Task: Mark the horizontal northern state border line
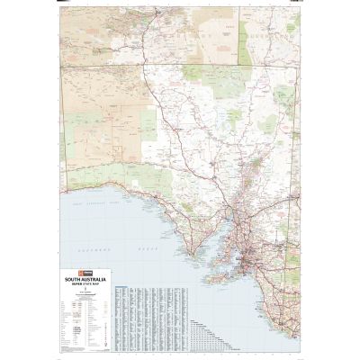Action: [180, 64]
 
